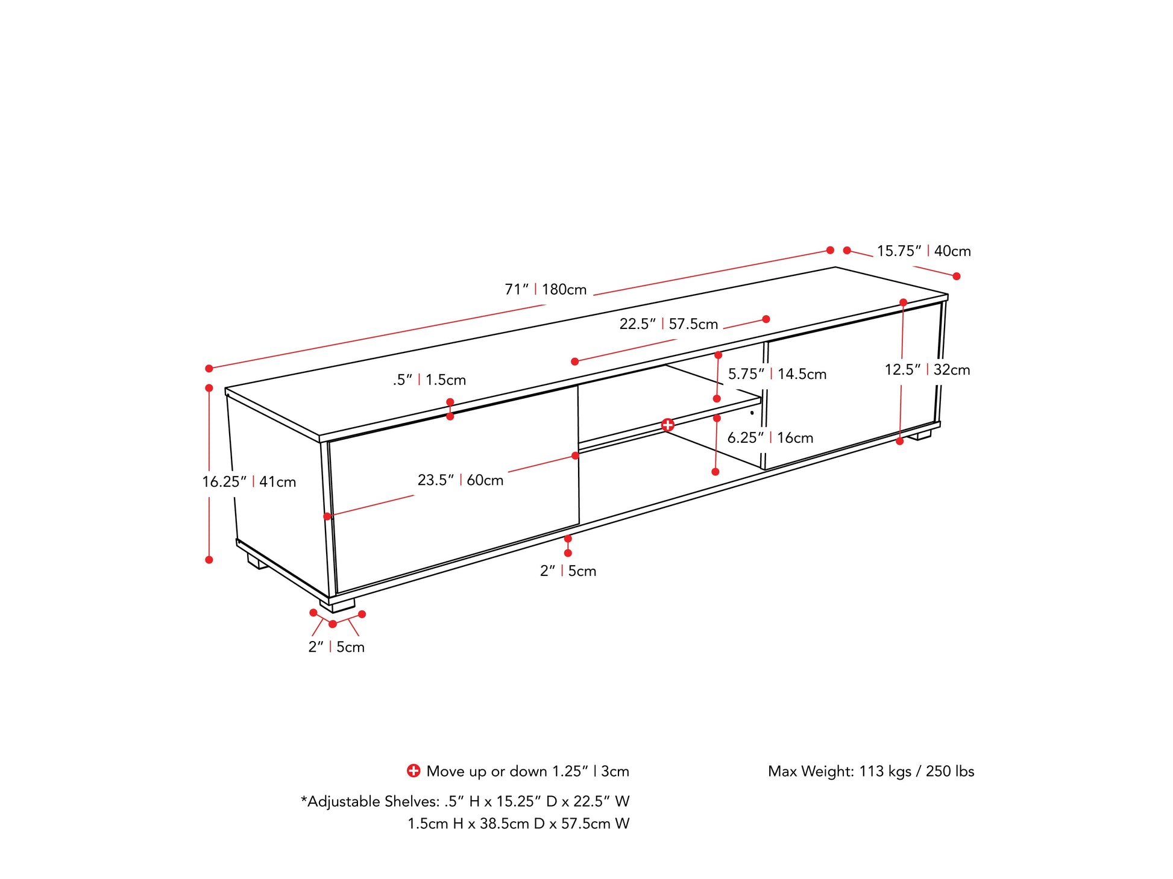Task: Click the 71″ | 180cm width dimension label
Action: click(x=546, y=290)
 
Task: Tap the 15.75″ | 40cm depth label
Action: click(x=923, y=251)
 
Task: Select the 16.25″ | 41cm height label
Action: click(x=249, y=482)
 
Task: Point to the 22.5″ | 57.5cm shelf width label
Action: click(x=668, y=324)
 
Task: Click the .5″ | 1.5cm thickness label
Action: click(x=429, y=380)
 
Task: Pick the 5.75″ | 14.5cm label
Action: click(x=777, y=374)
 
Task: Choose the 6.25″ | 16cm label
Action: click(x=770, y=438)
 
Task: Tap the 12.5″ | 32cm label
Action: click(x=927, y=370)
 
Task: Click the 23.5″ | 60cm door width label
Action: click(x=461, y=480)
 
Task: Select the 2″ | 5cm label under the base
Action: click(x=568, y=571)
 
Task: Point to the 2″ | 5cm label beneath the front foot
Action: click(x=336, y=647)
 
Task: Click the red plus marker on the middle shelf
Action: click(x=667, y=425)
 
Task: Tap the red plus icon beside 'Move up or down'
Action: click(x=414, y=771)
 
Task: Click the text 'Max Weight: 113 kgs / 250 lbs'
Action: click(x=871, y=771)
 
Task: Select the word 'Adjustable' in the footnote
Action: click(x=344, y=802)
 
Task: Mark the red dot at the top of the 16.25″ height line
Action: click(x=209, y=388)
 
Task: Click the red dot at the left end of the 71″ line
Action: click(x=209, y=368)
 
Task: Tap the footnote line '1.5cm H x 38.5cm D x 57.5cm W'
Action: click(x=518, y=824)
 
